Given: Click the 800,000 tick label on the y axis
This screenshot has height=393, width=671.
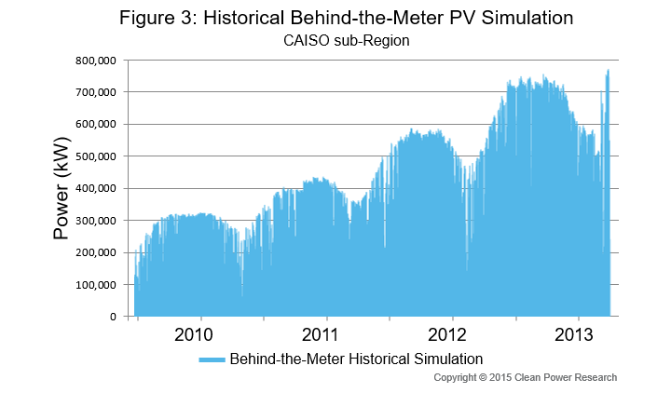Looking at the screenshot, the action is pyautogui.click(x=96, y=61).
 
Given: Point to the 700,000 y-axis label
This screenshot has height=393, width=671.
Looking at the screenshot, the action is pyautogui.click(x=96, y=92).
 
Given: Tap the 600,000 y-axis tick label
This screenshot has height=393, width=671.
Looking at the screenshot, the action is pyautogui.click(x=96, y=124).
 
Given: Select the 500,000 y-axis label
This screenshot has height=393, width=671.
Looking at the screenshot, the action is pyautogui.click(x=96, y=156).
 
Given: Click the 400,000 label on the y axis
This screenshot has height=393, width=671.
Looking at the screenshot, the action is pyautogui.click(x=96, y=188).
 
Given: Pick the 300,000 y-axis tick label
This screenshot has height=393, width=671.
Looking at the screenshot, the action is pyautogui.click(x=96, y=220).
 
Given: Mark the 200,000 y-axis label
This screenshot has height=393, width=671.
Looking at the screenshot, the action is pyautogui.click(x=96, y=252).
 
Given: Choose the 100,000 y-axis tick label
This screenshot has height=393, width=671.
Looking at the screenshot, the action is pyautogui.click(x=96, y=284).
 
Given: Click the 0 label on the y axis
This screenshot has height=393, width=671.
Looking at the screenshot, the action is pyautogui.click(x=113, y=317).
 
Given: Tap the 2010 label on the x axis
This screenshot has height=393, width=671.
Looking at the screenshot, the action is pyautogui.click(x=194, y=334).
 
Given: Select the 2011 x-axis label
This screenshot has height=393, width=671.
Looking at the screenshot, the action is pyautogui.click(x=320, y=334).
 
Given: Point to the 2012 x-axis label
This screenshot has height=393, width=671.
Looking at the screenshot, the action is pyautogui.click(x=446, y=334).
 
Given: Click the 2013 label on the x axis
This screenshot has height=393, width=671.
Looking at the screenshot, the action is pyautogui.click(x=574, y=334).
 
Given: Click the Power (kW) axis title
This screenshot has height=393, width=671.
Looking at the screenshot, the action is pyautogui.click(x=62, y=188).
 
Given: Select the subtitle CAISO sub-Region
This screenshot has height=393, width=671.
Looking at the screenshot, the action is pyautogui.click(x=346, y=41).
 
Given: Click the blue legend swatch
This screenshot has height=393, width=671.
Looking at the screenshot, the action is pyautogui.click(x=212, y=359).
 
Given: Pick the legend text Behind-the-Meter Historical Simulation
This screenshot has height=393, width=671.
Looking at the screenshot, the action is pyautogui.click(x=356, y=359).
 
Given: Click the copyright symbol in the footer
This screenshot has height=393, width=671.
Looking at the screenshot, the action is pyautogui.click(x=483, y=377).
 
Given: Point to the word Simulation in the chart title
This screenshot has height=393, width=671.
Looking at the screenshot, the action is pyautogui.click(x=527, y=18).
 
